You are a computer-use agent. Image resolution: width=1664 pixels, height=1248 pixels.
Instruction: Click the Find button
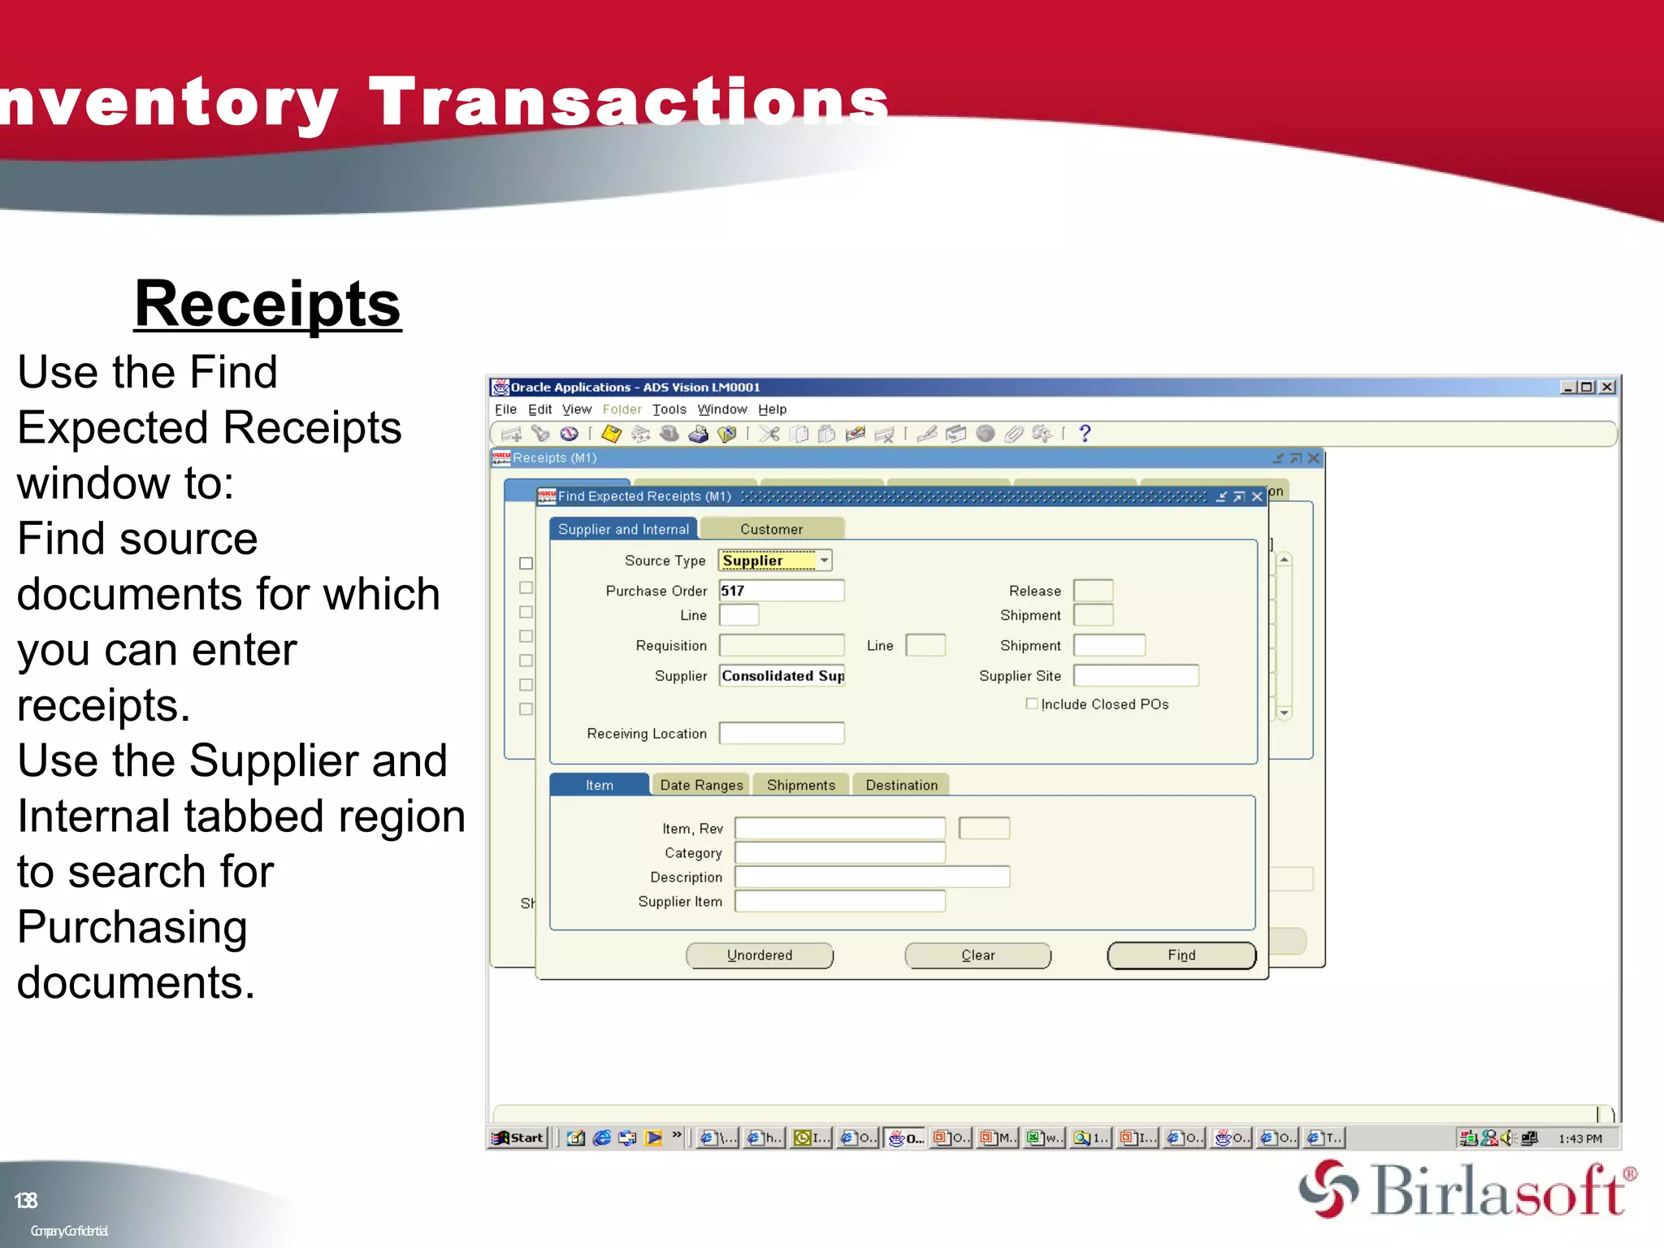[x=1181, y=955]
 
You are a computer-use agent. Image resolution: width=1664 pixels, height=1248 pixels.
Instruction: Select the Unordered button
[x=759, y=955]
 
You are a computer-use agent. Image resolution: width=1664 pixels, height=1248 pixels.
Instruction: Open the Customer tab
[x=771, y=529]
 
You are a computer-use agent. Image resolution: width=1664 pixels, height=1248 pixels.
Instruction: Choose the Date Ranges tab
[x=701, y=785]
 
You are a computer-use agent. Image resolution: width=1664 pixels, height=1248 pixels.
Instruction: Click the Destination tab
[x=901, y=785]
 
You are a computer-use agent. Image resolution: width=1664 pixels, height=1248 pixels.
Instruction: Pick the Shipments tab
[x=800, y=785]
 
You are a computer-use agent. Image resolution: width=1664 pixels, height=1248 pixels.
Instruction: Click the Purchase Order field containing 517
[x=781, y=591]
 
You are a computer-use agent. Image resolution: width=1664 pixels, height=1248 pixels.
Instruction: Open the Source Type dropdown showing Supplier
[x=824, y=561]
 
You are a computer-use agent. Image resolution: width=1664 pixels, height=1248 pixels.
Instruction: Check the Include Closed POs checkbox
[x=1032, y=704]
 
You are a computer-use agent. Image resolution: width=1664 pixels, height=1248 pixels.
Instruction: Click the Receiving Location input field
[x=781, y=734]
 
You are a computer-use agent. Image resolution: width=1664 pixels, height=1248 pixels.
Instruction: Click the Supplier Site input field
[x=1135, y=675]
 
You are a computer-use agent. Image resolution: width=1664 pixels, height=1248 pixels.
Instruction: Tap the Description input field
[x=871, y=877]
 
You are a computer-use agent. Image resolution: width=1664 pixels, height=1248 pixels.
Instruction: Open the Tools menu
[x=669, y=409]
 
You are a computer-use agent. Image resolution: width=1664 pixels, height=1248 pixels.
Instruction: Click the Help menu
[x=772, y=409]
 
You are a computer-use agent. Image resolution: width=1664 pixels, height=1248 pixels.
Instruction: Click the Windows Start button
[x=518, y=1138]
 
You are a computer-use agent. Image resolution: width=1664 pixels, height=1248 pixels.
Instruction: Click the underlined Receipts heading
[x=267, y=304]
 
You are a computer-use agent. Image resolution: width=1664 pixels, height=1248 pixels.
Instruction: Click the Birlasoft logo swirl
[x=1328, y=1189]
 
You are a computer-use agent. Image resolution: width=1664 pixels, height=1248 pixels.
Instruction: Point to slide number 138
[x=26, y=1200]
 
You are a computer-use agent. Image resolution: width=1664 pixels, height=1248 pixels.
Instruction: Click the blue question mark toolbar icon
[x=1084, y=434]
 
